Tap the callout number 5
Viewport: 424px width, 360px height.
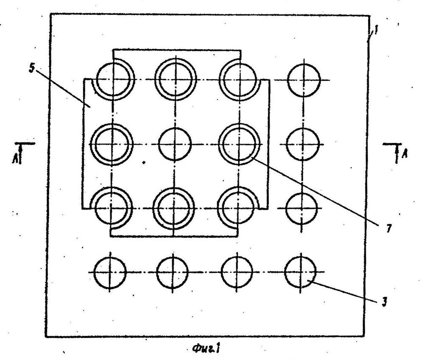point(31,67)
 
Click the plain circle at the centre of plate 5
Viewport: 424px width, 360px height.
point(174,144)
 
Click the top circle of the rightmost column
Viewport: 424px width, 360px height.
point(302,79)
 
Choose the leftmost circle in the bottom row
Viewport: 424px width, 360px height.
point(110,272)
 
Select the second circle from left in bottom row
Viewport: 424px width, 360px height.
point(173,272)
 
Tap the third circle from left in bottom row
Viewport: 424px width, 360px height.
point(237,272)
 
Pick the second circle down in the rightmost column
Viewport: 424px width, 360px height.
point(302,144)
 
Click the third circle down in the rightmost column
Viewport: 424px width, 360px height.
point(301,207)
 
